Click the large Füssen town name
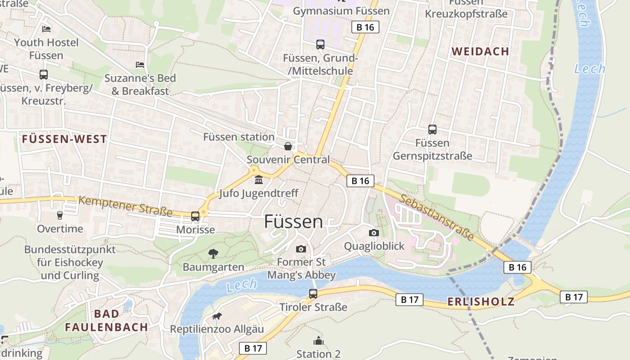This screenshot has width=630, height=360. [293, 222]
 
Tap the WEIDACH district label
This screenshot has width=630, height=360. [480, 51]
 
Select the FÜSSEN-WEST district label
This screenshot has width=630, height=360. [64, 139]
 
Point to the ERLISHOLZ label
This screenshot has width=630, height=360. [481, 302]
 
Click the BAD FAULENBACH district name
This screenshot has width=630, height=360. [107, 320]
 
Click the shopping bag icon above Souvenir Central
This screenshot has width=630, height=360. [288, 146]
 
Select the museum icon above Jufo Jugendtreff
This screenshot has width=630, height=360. [259, 180]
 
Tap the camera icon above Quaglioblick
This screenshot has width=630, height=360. [373, 233]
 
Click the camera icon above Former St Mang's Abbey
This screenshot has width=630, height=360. [301, 249]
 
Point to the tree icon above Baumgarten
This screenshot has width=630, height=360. [213, 254]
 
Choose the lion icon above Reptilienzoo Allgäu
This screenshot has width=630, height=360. [217, 316]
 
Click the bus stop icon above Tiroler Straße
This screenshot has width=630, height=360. [313, 294]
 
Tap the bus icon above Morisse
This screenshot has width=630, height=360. [195, 216]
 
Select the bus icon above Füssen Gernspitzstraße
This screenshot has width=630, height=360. [432, 130]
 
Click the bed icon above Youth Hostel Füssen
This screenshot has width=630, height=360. [46, 29]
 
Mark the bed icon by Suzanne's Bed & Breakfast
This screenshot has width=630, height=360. [140, 65]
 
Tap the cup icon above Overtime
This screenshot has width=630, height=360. [59, 216]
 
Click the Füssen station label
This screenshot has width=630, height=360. [238, 137]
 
